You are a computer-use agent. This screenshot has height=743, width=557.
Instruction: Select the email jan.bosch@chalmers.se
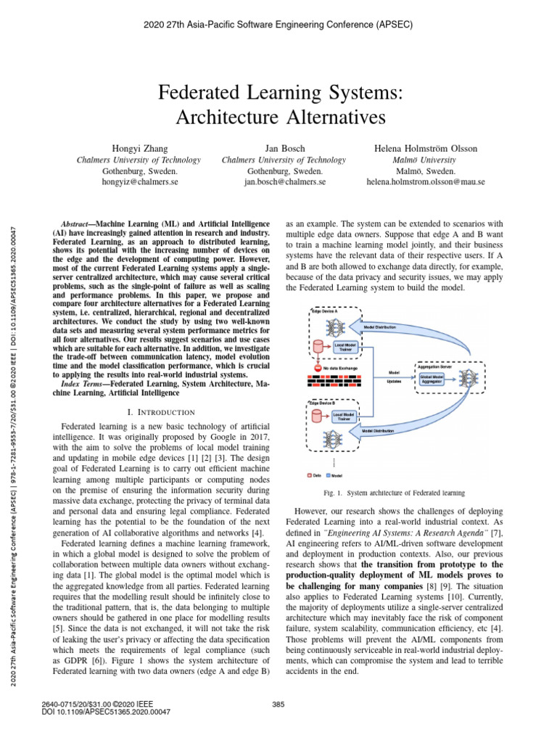coord(284,182)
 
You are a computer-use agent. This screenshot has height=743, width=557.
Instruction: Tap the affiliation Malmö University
coord(424,160)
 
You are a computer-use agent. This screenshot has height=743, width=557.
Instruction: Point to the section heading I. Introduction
coord(160,412)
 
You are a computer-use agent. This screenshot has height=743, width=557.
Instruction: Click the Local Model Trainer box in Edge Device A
coord(344,348)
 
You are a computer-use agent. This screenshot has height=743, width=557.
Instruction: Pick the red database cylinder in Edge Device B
coord(316,416)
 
